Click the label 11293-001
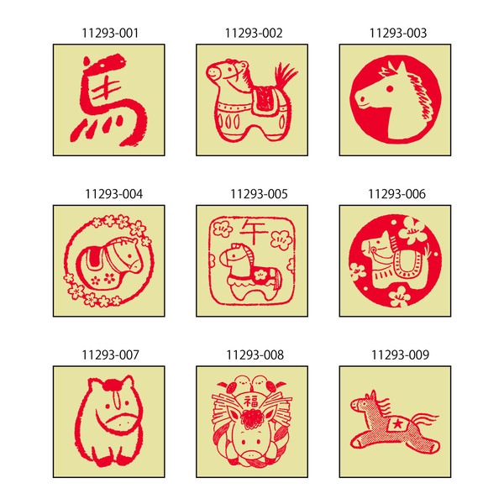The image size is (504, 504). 110,33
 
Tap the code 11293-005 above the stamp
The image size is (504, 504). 259,194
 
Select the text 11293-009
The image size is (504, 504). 400,355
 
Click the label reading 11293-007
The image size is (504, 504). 110,355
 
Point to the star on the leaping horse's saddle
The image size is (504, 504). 397,424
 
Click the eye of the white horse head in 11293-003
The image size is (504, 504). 389,89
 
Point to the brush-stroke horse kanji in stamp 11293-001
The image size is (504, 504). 108,100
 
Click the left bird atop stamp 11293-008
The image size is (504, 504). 241,383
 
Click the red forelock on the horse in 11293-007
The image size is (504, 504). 112,384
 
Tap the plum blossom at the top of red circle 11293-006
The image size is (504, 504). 412,230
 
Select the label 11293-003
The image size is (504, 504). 398,33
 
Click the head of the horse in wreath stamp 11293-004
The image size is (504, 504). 126,255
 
